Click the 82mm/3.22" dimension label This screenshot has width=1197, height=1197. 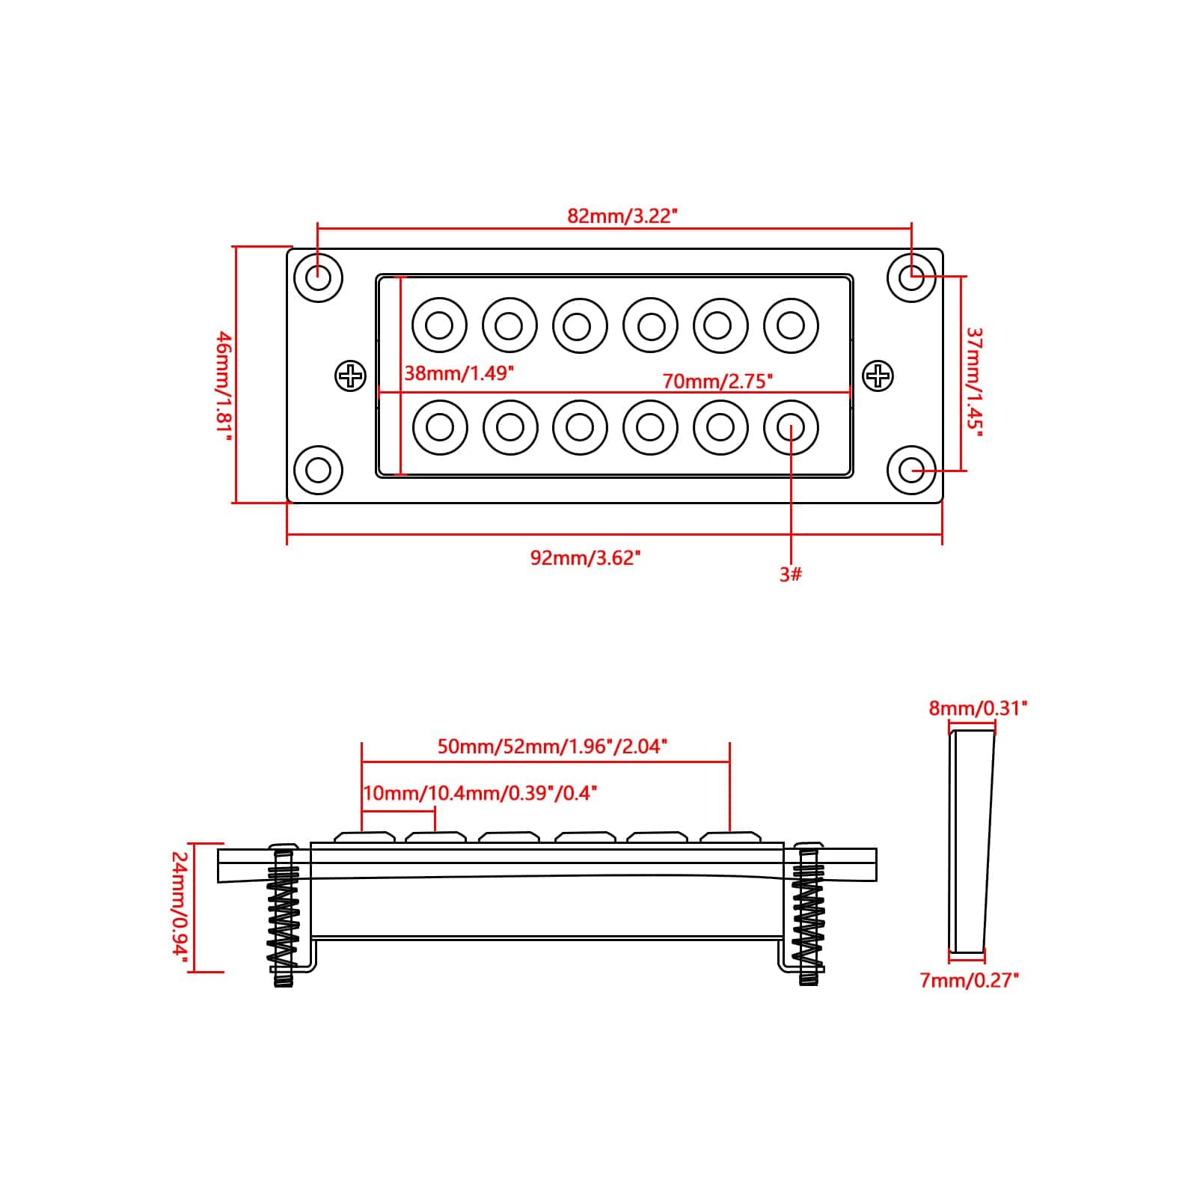click(x=622, y=216)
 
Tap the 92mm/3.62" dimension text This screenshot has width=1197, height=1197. click(x=585, y=558)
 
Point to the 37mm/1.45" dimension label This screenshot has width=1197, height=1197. click(x=973, y=382)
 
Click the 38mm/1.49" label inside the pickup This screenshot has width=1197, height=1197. click(x=459, y=373)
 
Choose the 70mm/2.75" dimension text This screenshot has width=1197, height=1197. click(x=717, y=382)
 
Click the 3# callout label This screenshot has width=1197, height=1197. click(x=791, y=575)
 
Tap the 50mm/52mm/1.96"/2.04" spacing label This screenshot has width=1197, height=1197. click(x=551, y=746)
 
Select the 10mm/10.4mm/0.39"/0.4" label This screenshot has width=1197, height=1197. click(x=480, y=793)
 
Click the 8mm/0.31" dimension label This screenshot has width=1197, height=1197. click(x=978, y=708)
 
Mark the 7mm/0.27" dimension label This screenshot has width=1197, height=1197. click(x=970, y=980)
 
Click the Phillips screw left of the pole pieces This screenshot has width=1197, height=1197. click(x=350, y=376)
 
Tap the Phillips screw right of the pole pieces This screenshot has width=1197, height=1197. click(x=878, y=376)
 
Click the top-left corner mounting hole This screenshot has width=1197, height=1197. click(x=319, y=278)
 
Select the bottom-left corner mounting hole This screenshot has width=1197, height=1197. click(x=319, y=470)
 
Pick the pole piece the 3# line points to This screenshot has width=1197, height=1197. click(x=791, y=427)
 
